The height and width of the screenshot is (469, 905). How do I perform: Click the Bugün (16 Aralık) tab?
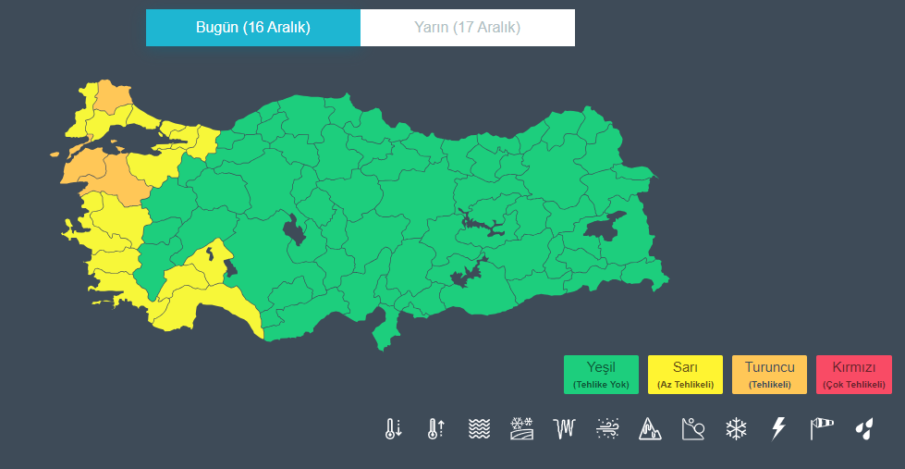pyautogui.click(x=252, y=28)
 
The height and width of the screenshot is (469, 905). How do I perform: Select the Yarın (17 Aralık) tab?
pyautogui.click(x=467, y=28)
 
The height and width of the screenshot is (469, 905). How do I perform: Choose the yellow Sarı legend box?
pyautogui.click(x=685, y=374)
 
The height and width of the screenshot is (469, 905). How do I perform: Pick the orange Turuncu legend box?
pyautogui.click(x=769, y=374)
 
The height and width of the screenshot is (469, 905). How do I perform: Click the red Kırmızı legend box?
pyautogui.click(x=854, y=374)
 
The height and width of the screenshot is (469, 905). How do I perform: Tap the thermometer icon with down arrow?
pyautogui.click(x=394, y=428)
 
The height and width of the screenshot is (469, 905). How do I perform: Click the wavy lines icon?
pyautogui.click(x=479, y=428)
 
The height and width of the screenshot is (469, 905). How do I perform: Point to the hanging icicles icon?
pyautogui.click(x=565, y=428)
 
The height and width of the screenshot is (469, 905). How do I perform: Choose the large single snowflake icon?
pyautogui.click(x=736, y=428)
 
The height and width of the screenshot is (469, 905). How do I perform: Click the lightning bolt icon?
pyautogui.click(x=778, y=428)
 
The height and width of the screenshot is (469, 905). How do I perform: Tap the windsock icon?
pyautogui.click(x=821, y=428)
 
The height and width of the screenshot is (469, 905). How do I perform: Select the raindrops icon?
pyautogui.click(x=864, y=428)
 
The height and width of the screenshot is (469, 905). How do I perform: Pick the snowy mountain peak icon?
pyautogui.click(x=650, y=428)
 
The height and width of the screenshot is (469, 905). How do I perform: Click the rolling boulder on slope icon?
pyautogui.click(x=693, y=428)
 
